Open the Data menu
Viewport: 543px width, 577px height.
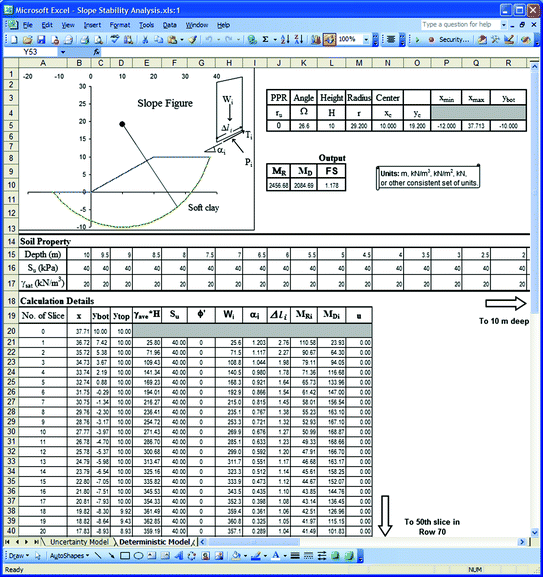170,23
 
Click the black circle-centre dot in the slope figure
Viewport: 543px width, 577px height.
120,125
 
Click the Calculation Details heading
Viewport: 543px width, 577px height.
57,300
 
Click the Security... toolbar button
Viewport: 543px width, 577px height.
450,39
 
